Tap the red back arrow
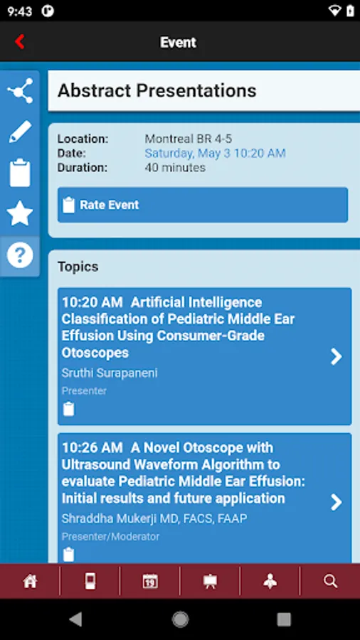[x=20, y=42]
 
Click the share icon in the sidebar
[x=20, y=91]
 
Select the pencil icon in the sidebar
[x=20, y=132]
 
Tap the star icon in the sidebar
[x=20, y=213]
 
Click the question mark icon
[x=20, y=255]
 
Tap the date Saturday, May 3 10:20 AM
[x=215, y=154]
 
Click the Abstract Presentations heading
[x=157, y=91]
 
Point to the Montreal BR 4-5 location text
[x=189, y=139]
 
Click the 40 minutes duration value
[x=175, y=169]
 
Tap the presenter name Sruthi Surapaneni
[x=110, y=373]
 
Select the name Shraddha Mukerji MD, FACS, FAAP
[x=154, y=518]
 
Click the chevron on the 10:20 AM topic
[x=337, y=357]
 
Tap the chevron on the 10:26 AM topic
[x=337, y=503]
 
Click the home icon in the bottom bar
[x=30, y=582]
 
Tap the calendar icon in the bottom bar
[x=150, y=582]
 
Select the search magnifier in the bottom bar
[x=330, y=582]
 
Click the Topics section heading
[x=78, y=267]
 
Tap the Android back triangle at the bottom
[x=76, y=619]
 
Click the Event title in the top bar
[x=178, y=42]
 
